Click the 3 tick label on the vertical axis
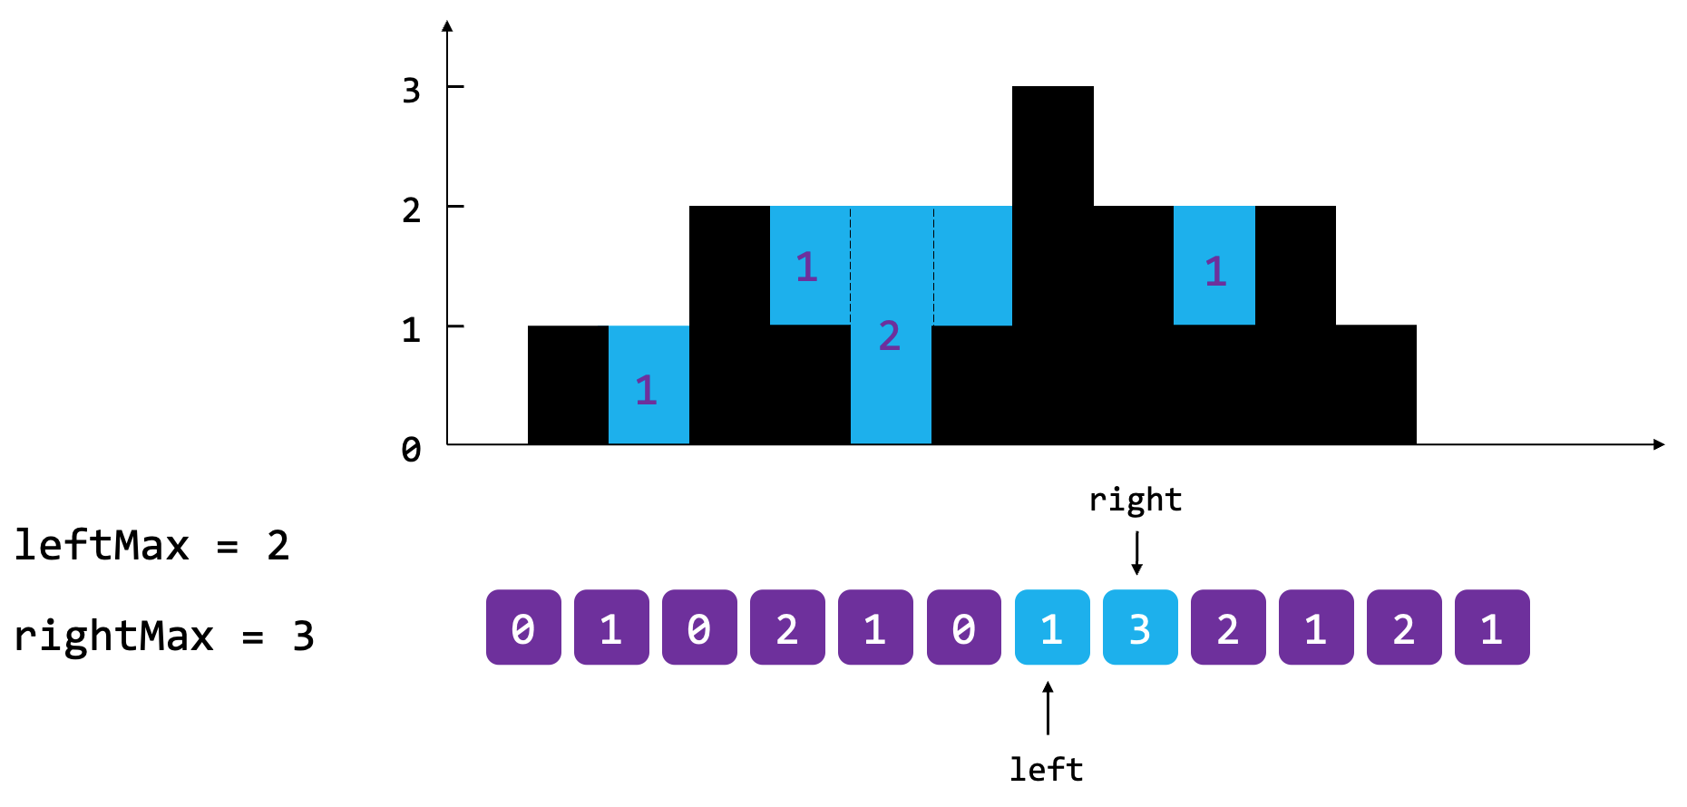point(412,91)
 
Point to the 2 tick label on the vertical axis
point(412,210)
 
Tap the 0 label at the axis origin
point(412,449)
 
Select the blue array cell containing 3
point(1140,627)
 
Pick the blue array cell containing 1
point(1052,627)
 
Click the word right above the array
point(1136,500)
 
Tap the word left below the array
point(1047,770)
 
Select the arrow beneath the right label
point(1136,553)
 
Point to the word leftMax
point(102,546)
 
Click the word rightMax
point(113,636)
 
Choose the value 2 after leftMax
point(278,546)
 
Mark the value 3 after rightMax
point(304,637)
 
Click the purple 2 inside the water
point(890,336)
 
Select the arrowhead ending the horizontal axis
point(1659,444)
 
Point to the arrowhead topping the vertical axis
point(447,26)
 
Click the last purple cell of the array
point(1492,627)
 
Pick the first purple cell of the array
point(523,627)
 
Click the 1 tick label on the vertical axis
point(412,330)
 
